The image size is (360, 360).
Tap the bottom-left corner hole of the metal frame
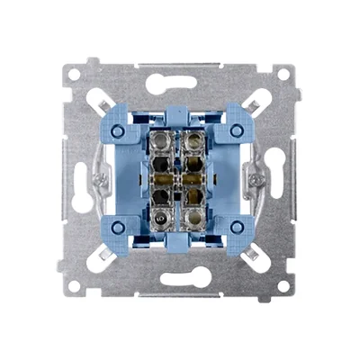(x=75, y=286)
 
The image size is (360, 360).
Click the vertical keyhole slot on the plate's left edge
(x=87, y=180)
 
